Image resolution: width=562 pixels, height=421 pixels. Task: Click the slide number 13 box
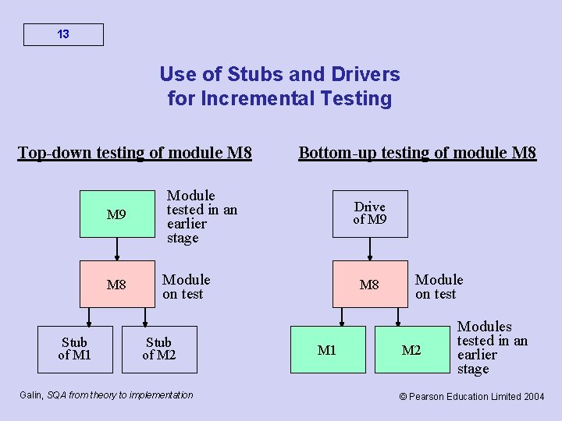pyautogui.click(x=63, y=34)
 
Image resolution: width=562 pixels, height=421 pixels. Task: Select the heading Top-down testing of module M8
pyautogui.click(x=135, y=152)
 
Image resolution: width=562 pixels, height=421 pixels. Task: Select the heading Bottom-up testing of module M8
pyautogui.click(x=418, y=152)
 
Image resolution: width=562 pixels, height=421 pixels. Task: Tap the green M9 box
pyautogui.click(x=116, y=214)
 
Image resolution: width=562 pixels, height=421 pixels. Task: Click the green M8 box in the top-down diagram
pyautogui.click(x=116, y=285)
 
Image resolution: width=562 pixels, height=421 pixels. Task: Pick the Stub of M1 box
pyautogui.click(x=74, y=349)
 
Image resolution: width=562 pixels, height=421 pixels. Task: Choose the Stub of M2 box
pyautogui.click(x=159, y=349)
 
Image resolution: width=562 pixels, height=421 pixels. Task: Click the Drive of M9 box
pyautogui.click(x=369, y=214)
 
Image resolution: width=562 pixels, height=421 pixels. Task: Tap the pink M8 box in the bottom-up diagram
pyautogui.click(x=369, y=285)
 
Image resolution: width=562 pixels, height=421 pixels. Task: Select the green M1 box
pyautogui.click(x=327, y=350)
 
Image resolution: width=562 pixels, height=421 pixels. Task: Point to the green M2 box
pyautogui.click(x=411, y=350)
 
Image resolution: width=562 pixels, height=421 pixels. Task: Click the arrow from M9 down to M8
pyautogui.click(x=117, y=249)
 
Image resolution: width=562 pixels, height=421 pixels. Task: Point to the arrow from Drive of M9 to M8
pyautogui.click(x=370, y=249)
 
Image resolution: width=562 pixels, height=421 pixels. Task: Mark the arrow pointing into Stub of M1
pyautogui.click(x=88, y=317)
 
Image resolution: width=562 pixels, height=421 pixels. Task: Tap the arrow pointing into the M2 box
pyautogui.click(x=398, y=317)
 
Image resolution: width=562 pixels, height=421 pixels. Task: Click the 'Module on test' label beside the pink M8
pyautogui.click(x=439, y=286)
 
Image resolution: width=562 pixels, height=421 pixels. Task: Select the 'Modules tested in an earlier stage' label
pyautogui.click(x=492, y=348)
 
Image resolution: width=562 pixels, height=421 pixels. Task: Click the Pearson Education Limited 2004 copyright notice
pyautogui.click(x=471, y=396)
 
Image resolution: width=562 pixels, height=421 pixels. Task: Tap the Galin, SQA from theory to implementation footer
pyautogui.click(x=105, y=395)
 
